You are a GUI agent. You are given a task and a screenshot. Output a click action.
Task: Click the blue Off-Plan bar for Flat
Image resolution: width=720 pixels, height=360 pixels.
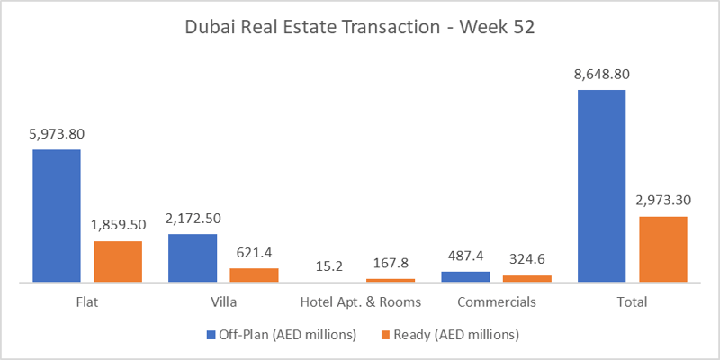(x=57, y=215)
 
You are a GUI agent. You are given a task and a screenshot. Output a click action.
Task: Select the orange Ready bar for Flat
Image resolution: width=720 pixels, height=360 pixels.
(x=118, y=261)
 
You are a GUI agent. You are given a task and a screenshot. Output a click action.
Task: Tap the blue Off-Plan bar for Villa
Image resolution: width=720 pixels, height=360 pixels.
(x=193, y=257)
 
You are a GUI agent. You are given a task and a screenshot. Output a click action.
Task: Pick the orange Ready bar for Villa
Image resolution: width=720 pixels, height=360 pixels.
(x=255, y=274)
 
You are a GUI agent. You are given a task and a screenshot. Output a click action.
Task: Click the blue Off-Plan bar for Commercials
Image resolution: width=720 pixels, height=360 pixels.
(x=465, y=276)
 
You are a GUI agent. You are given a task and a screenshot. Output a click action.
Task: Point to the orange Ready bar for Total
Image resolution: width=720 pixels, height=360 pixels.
(x=663, y=248)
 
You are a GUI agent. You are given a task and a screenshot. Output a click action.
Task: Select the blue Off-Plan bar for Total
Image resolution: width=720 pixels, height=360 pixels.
(x=601, y=185)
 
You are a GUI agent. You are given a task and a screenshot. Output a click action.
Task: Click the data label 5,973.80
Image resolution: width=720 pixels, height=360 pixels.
(x=58, y=134)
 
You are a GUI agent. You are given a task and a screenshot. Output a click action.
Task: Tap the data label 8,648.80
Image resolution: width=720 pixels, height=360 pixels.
(x=602, y=75)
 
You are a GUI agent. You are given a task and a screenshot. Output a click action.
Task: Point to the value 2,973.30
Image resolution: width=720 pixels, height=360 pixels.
(x=663, y=201)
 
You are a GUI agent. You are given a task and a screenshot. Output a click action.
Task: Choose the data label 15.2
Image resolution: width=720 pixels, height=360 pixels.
(x=329, y=265)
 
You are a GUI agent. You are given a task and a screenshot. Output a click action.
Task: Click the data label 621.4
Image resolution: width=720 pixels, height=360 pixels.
(x=255, y=253)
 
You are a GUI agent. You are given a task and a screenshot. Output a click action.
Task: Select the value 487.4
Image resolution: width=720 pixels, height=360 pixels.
(x=465, y=256)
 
